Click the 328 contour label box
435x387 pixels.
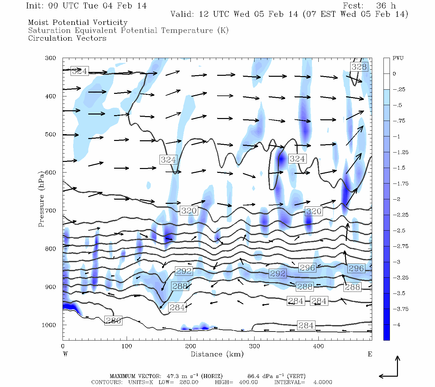tap(359, 67)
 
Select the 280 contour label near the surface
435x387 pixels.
tap(113, 321)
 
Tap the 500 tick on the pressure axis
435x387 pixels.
tap(51, 134)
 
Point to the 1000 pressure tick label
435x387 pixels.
tap(49, 325)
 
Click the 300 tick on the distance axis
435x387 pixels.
tap(255, 346)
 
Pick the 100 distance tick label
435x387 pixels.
tap(127, 346)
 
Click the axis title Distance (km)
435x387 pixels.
tap(217, 354)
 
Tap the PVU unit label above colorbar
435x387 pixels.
tap(398, 58)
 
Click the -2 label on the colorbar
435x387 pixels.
tap(396, 199)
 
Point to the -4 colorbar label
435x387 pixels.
tap(396, 325)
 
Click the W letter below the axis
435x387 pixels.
tap(65, 354)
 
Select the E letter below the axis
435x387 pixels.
tap(370, 354)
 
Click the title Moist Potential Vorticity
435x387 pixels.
tap(78, 23)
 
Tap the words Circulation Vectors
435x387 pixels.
tap(67, 38)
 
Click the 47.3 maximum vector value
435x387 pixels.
tap(172, 376)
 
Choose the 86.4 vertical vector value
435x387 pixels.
tap(253, 376)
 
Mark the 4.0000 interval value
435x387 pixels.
tap(323, 382)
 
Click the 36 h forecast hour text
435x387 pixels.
tap(386, 6)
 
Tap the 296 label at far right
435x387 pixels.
tap(356, 268)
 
